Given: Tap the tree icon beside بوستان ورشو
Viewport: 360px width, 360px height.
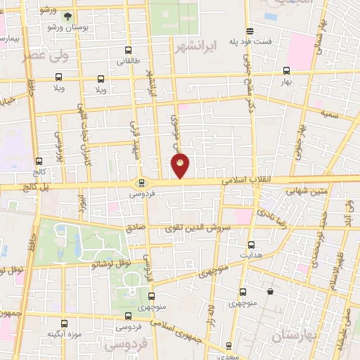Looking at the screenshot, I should (x=67, y=16).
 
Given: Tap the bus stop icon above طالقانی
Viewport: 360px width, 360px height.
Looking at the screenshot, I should (x=127, y=51).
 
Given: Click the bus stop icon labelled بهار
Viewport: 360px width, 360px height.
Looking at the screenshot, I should (x=285, y=70).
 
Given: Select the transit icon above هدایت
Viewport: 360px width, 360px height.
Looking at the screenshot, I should (x=252, y=245).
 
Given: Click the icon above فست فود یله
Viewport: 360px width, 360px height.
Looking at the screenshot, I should (x=250, y=31).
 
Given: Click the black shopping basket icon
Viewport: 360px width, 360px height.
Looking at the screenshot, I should (x=271, y=291).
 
